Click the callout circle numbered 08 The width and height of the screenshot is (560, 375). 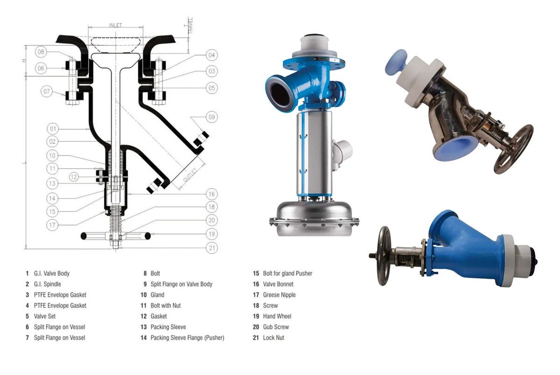click(41, 51)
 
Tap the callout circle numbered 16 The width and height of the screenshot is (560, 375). click(211, 194)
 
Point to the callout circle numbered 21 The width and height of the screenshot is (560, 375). click(211, 248)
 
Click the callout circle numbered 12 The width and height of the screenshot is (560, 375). click(74, 177)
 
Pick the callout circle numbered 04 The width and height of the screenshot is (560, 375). click(211, 55)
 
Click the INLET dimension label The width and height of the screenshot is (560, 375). click(115, 25)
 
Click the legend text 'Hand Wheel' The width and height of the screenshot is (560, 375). click(277, 316)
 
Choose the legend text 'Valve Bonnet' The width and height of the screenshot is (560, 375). click(278, 284)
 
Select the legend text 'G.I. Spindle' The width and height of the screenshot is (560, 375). click(47, 284)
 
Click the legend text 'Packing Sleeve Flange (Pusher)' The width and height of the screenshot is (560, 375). click(187, 338)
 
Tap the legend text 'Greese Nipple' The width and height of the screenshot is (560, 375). click(279, 295)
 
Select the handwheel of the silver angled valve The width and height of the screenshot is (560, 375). click(514, 149)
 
